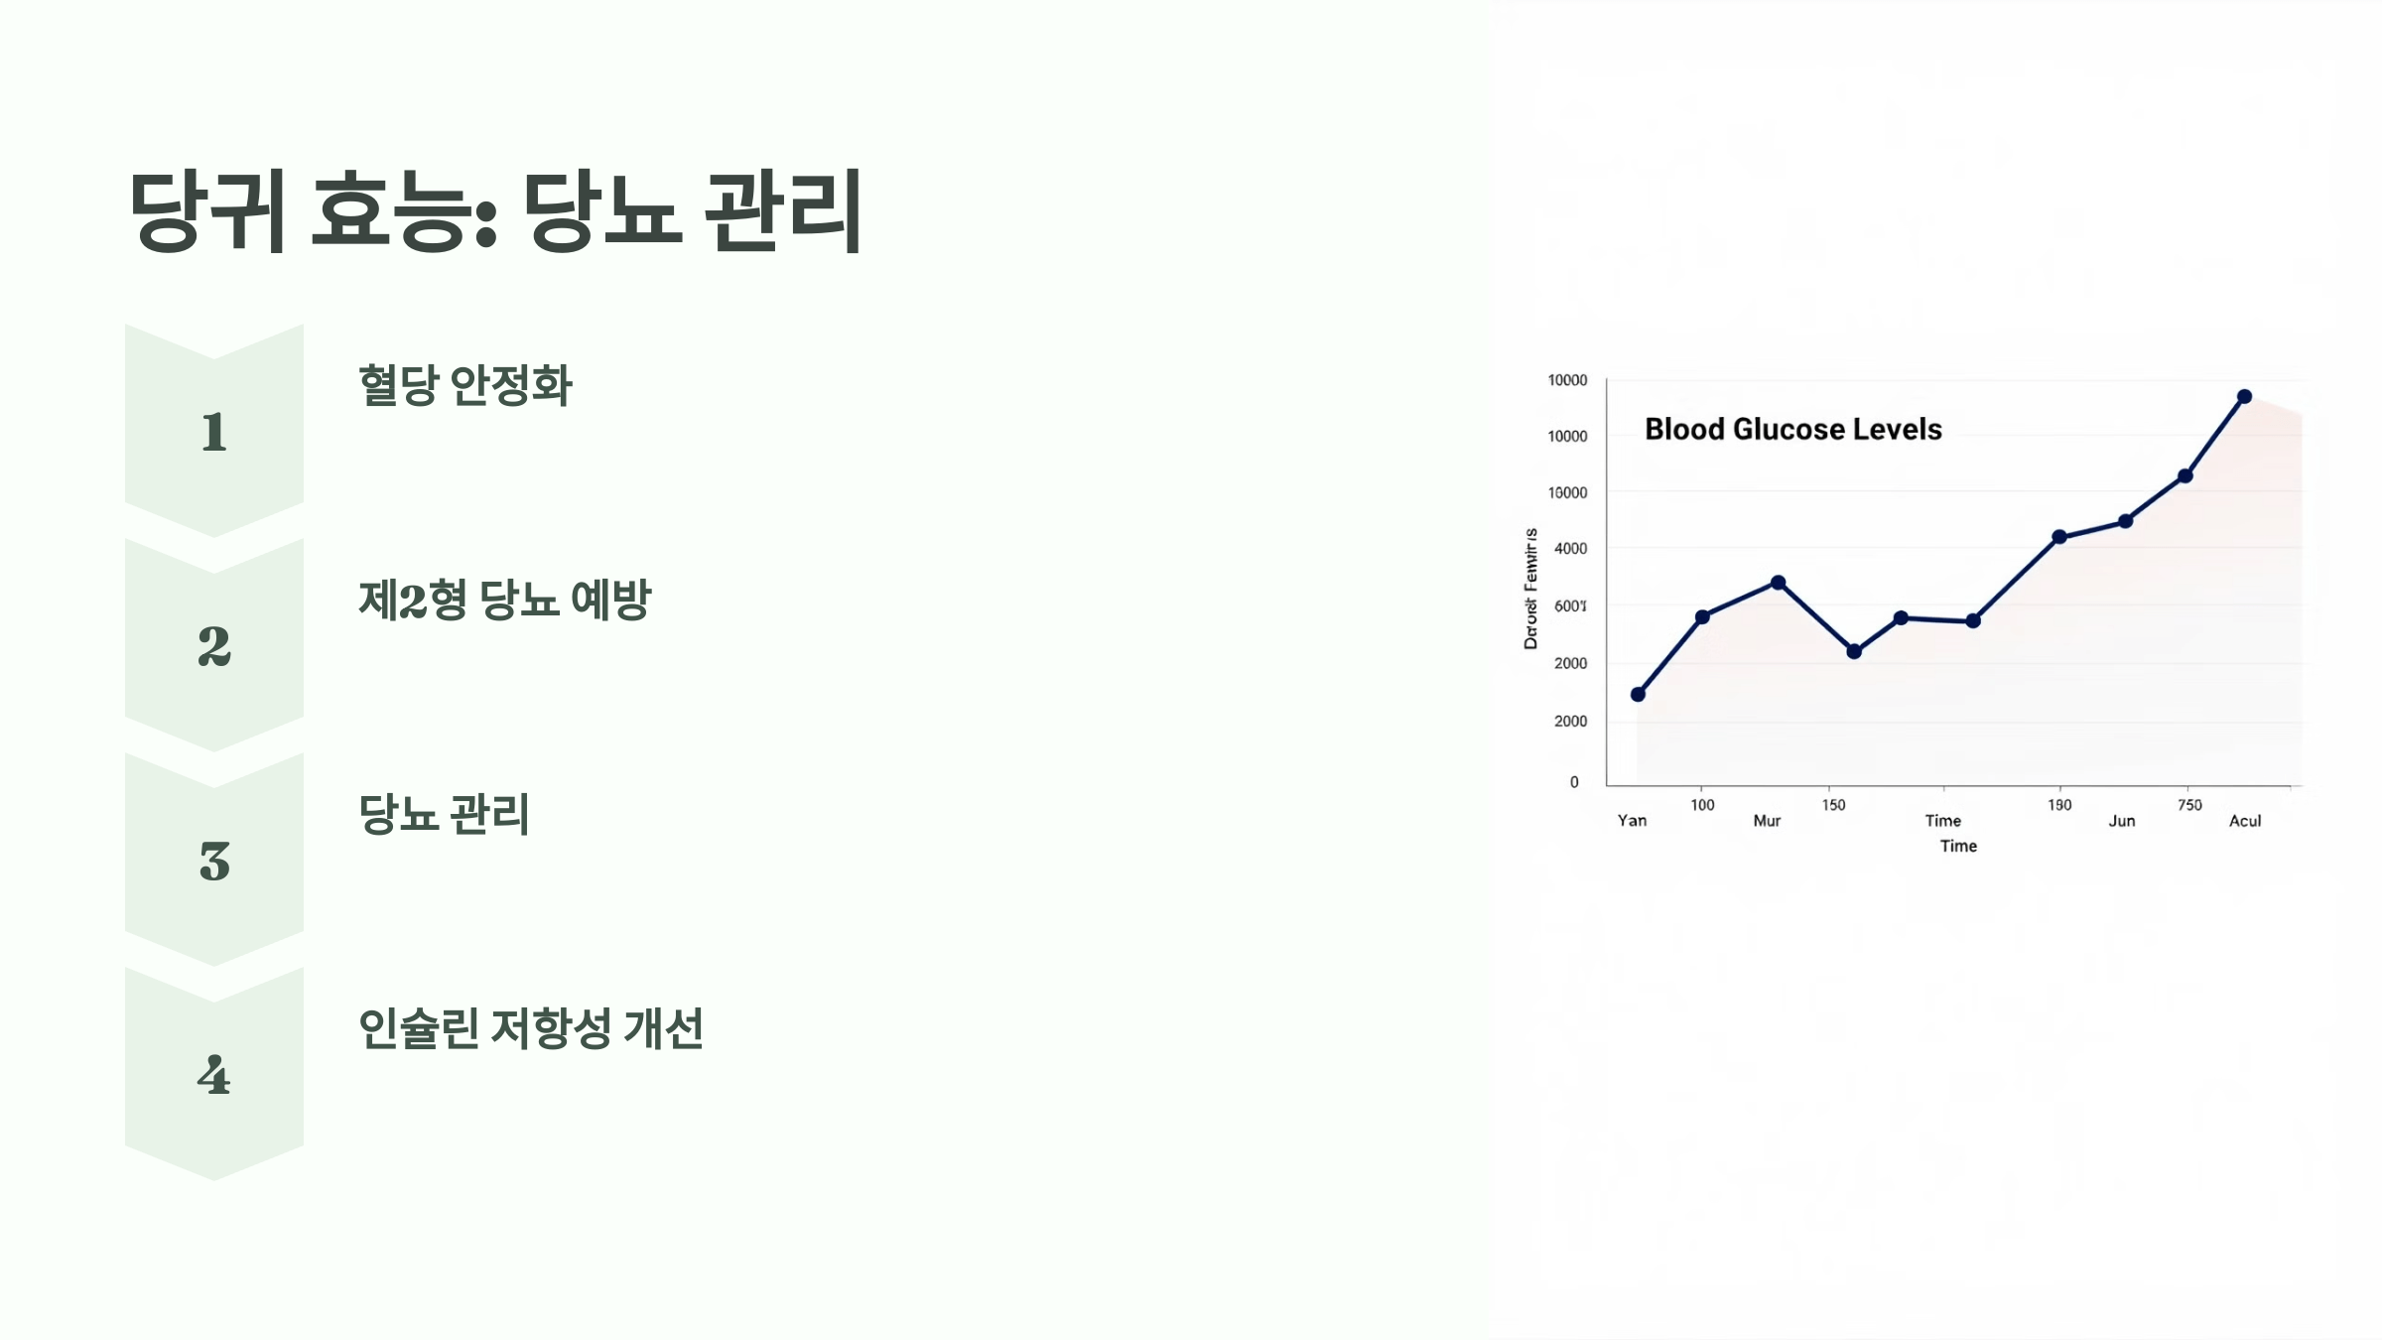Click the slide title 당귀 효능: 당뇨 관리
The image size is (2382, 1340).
click(495, 210)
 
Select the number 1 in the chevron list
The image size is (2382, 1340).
click(214, 432)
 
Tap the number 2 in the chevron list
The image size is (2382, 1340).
click(214, 646)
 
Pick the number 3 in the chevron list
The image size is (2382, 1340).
click(214, 861)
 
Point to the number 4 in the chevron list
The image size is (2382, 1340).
click(214, 1075)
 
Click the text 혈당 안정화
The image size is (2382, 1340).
click(464, 385)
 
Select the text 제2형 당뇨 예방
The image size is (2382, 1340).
click(504, 600)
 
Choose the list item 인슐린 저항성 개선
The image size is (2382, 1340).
click(530, 1028)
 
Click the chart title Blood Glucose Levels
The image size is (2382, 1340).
click(1792, 429)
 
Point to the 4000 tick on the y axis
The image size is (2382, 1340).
click(1570, 548)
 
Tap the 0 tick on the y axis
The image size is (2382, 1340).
click(1574, 782)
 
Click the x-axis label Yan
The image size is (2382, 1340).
click(1632, 821)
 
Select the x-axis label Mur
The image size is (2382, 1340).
click(1767, 821)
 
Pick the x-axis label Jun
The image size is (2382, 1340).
click(2122, 821)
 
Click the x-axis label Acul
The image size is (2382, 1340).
click(2245, 821)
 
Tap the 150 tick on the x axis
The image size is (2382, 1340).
click(1833, 805)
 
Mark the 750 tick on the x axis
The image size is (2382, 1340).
click(2189, 805)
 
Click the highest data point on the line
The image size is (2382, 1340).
click(2244, 397)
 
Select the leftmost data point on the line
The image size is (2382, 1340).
click(1638, 695)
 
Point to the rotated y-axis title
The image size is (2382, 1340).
click(1530, 589)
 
